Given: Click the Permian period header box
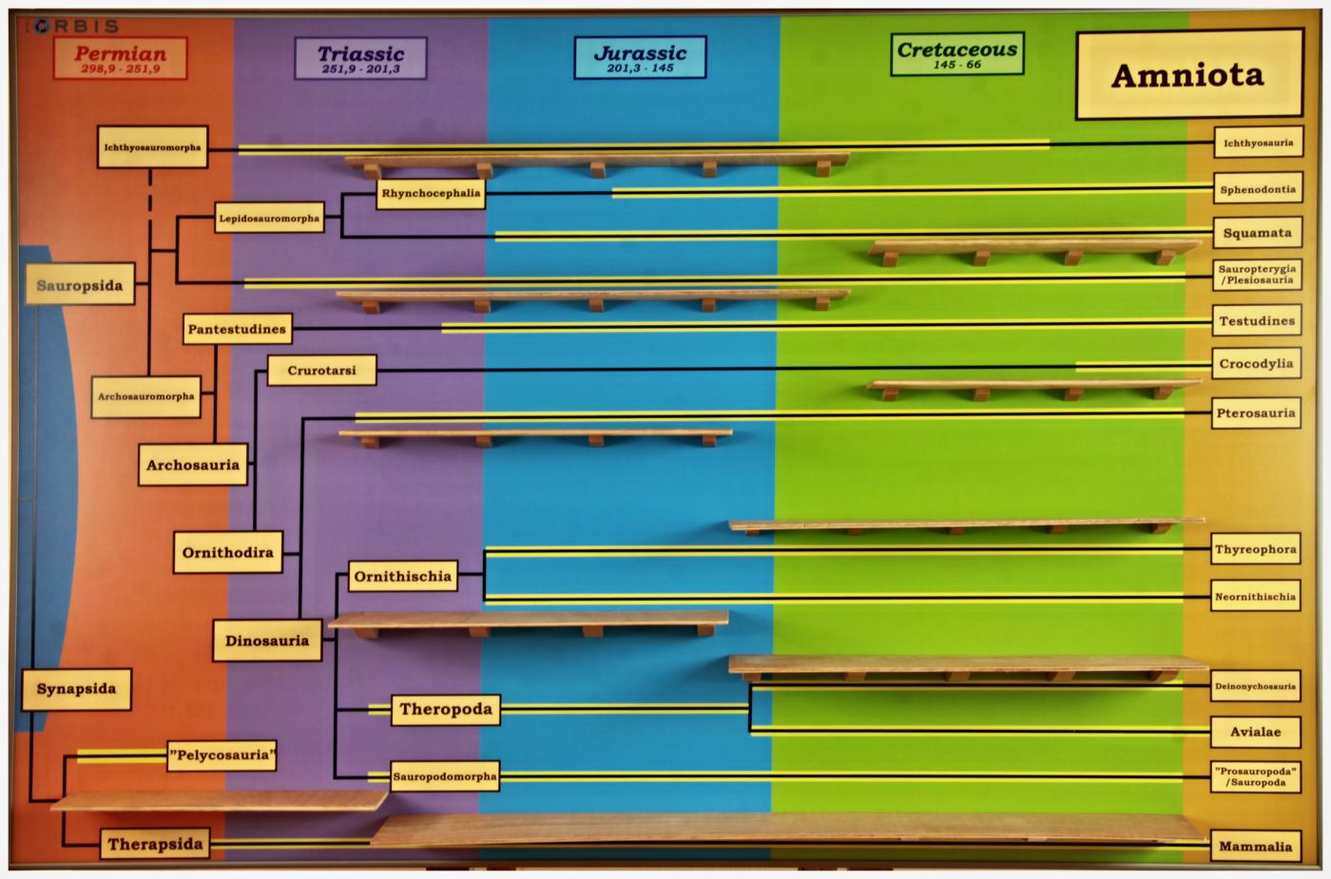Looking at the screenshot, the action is coord(120,58).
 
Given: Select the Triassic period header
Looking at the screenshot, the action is coord(360,58).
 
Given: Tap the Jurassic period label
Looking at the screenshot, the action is coord(640,57).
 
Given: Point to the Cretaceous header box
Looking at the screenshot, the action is coord(957,54).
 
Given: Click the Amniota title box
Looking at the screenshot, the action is coord(1189,74).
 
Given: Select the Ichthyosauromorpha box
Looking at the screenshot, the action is coord(153,146).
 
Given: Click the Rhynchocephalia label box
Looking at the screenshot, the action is coord(431,194).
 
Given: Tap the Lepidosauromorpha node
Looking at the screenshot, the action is coord(269,218).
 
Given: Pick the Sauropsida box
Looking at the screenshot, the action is coord(80,284).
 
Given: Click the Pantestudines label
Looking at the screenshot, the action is coord(237,329).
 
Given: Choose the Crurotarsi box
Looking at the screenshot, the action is coord(321,371).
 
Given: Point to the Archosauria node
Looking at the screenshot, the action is coord(193,465).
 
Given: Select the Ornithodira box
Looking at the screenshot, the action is coord(227,552).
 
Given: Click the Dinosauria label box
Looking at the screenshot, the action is coord(267,640).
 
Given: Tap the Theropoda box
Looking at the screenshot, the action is coord(446,710).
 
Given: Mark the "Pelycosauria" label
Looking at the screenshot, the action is coord(222,755).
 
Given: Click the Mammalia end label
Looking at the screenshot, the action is coord(1256,847).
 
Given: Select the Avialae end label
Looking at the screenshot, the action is coord(1256,733).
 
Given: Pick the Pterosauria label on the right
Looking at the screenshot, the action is coord(1256,412).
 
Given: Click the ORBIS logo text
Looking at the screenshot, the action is coord(76,27).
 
